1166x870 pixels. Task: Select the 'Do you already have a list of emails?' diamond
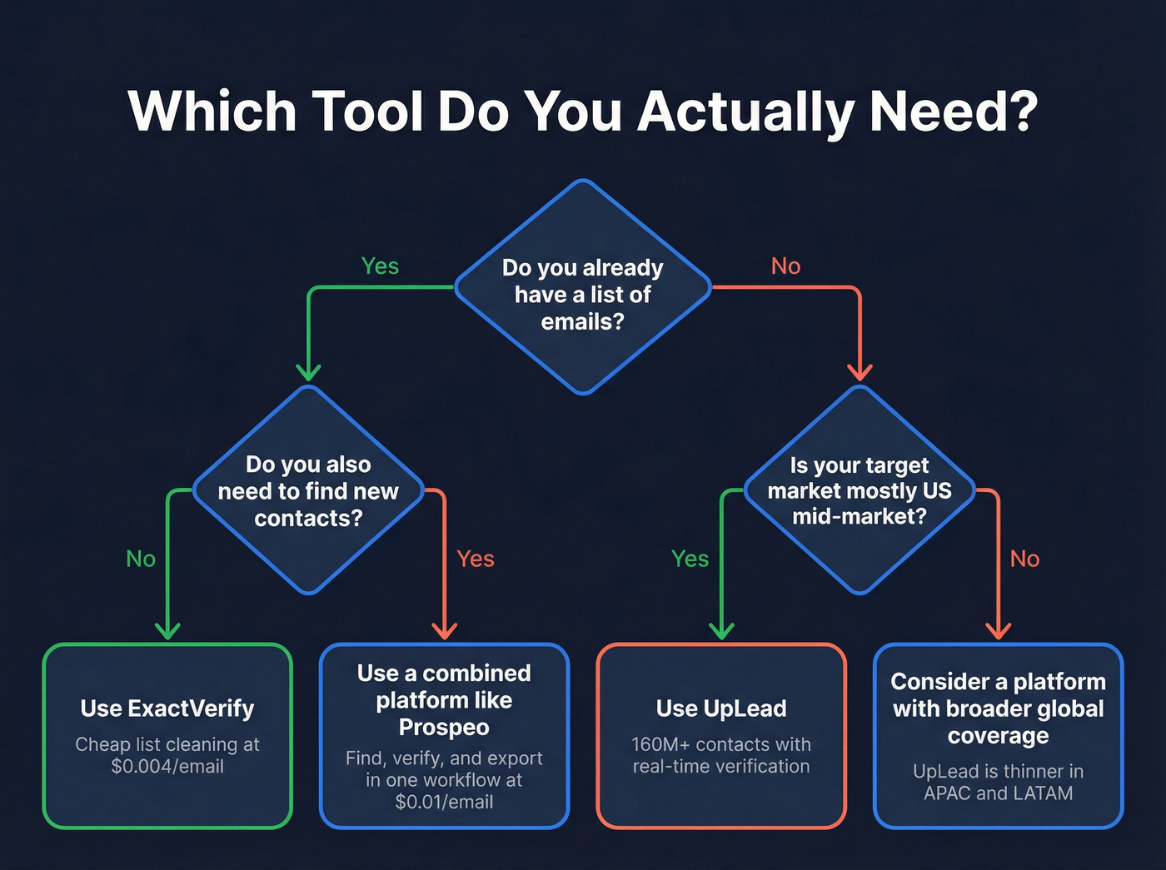[583, 287]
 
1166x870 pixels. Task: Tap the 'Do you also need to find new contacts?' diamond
[308, 490]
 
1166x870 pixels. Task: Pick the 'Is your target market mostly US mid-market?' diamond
[859, 490]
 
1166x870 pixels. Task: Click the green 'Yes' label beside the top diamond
[380, 266]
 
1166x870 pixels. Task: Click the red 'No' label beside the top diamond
[785, 266]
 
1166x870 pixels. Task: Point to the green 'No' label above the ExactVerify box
[141, 559]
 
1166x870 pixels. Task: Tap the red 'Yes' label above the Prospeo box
[475, 559]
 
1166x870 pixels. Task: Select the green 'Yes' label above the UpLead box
[690, 559]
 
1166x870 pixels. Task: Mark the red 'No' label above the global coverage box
[1024, 559]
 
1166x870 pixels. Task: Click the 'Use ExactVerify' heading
[167, 708]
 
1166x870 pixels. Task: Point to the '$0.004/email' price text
[167, 767]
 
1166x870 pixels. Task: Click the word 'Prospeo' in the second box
[444, 728]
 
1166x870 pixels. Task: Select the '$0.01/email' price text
[444, 802]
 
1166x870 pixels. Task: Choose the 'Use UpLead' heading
[721, 708]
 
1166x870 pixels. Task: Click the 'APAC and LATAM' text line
[998, 793]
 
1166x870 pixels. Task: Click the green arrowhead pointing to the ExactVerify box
[168, 630]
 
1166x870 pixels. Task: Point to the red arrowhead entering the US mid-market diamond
[860, 372]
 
